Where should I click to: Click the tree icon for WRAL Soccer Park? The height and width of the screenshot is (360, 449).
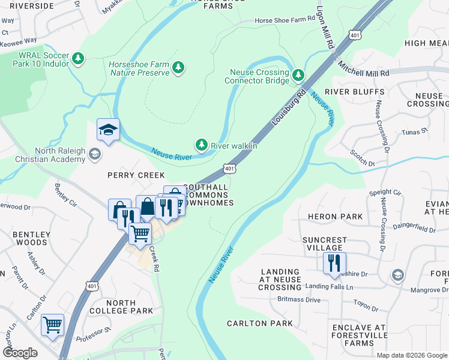point(77,59)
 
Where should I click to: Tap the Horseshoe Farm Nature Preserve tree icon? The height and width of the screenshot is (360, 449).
point(178,68)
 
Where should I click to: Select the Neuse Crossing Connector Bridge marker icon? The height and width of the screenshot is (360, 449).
point(299,76)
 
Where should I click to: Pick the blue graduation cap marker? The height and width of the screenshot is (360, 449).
point(109,130)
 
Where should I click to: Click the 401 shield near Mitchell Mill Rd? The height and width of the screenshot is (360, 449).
point(357,35)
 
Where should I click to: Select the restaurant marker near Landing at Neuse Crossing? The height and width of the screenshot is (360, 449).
point(331,262)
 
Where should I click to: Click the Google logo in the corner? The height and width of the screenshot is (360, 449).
point(20,353)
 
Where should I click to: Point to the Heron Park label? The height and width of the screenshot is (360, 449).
point(335,217)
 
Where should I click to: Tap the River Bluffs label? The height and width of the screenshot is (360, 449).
point(355,92)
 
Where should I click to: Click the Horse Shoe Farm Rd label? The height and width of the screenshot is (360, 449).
point(285,19)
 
